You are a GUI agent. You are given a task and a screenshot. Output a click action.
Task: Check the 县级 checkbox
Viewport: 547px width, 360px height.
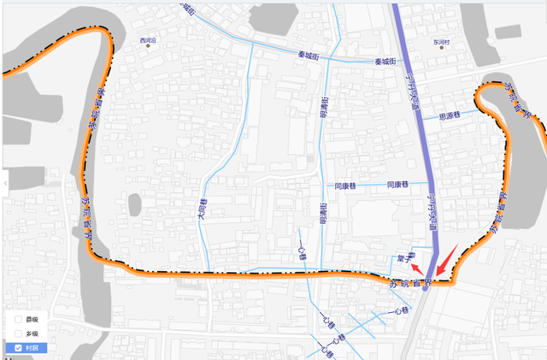[x=18, y=319]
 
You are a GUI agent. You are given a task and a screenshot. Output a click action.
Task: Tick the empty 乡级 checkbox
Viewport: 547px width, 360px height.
[x=18, y=333]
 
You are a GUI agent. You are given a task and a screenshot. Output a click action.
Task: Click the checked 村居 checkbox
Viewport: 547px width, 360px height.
[x=18, y=348]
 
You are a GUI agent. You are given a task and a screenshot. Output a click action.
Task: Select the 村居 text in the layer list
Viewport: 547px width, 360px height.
[x=32, y=348]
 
